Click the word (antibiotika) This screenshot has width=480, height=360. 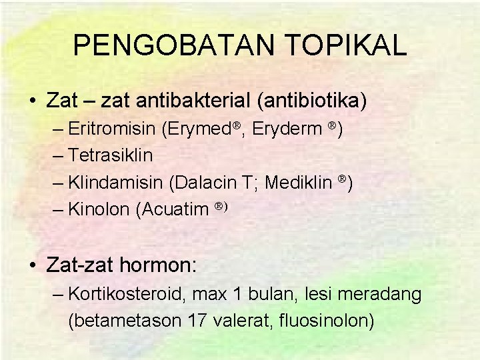311,101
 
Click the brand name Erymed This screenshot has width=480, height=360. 193,129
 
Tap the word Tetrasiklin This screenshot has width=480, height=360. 111,156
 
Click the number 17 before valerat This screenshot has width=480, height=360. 197,321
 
